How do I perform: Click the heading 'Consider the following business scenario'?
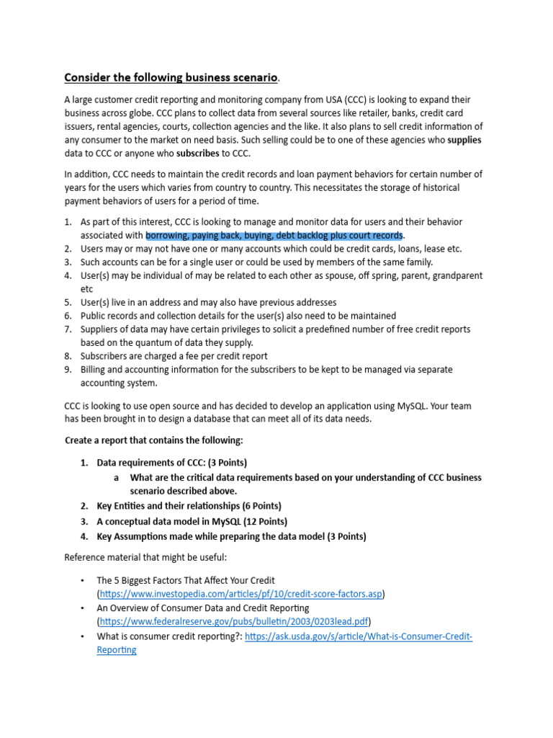[x=171, y=77]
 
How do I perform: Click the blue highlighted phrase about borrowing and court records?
[x=274, y=235]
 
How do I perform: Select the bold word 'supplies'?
[x=465, y=140]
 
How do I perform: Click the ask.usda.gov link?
[x=359, y=636]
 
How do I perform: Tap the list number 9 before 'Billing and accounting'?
[x=68, y=370]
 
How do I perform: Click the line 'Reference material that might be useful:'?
[x=150, y=557]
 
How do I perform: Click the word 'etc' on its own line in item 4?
[x=87, y=289]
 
